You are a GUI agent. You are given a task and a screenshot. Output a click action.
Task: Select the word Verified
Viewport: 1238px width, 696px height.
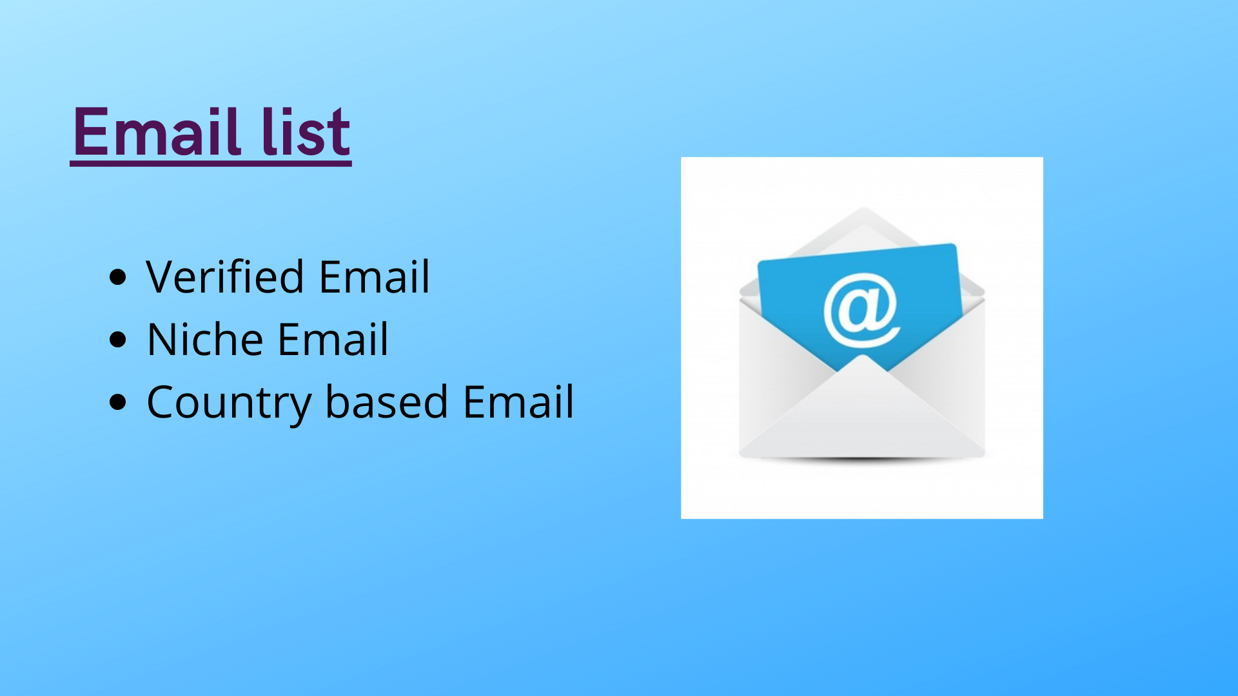pyautogui.click(x=225, y=276)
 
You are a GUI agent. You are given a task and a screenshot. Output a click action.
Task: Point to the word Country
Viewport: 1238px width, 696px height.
pyautogui.click(x=228, y=402)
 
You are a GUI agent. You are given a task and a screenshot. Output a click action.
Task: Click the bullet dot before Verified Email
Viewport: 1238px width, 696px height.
pyautogui.click(x=118, y=277)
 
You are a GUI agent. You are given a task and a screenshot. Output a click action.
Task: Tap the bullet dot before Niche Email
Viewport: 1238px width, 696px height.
pyautogui.click(x=118, y=340)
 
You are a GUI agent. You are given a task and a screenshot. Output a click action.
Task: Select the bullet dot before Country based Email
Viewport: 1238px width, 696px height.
pyautogui.click(x=118, y=402)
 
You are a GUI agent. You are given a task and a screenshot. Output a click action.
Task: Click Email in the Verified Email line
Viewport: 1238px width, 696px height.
pyautogui.click(x=374, y=276)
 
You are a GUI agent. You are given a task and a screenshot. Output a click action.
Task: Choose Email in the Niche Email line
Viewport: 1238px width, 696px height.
pyautogui.click(x=333, y=339)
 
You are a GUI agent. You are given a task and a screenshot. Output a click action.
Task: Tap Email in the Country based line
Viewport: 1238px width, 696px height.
pyautogui.click(x=518, y=401)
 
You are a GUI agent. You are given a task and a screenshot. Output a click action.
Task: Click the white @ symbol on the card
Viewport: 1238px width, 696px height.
pyautogui.click(x=861, y=310)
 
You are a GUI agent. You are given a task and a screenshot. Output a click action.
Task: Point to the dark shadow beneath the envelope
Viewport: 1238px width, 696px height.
pyautogui.click(x=862, y=459)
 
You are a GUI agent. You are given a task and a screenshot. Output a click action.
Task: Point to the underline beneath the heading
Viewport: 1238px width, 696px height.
pyautogui.click(x=211, y=164)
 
